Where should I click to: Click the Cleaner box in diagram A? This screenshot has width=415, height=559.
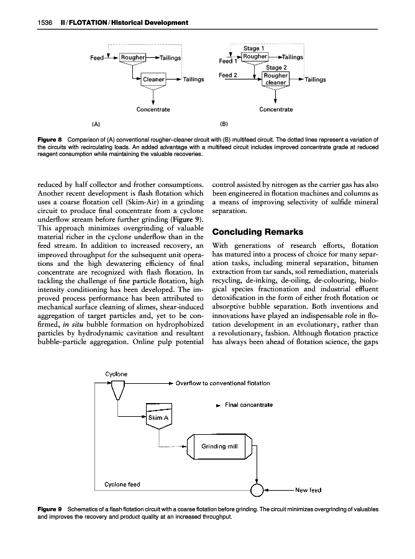[x=153, y=80]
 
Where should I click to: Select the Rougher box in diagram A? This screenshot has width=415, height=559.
[x=132, y=58]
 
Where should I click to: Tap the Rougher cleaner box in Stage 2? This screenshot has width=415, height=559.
[x=275, y=79]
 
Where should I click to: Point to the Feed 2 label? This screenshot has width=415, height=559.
[x=229, y=75]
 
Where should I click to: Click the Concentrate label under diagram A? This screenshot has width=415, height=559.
[x=153, y=110]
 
